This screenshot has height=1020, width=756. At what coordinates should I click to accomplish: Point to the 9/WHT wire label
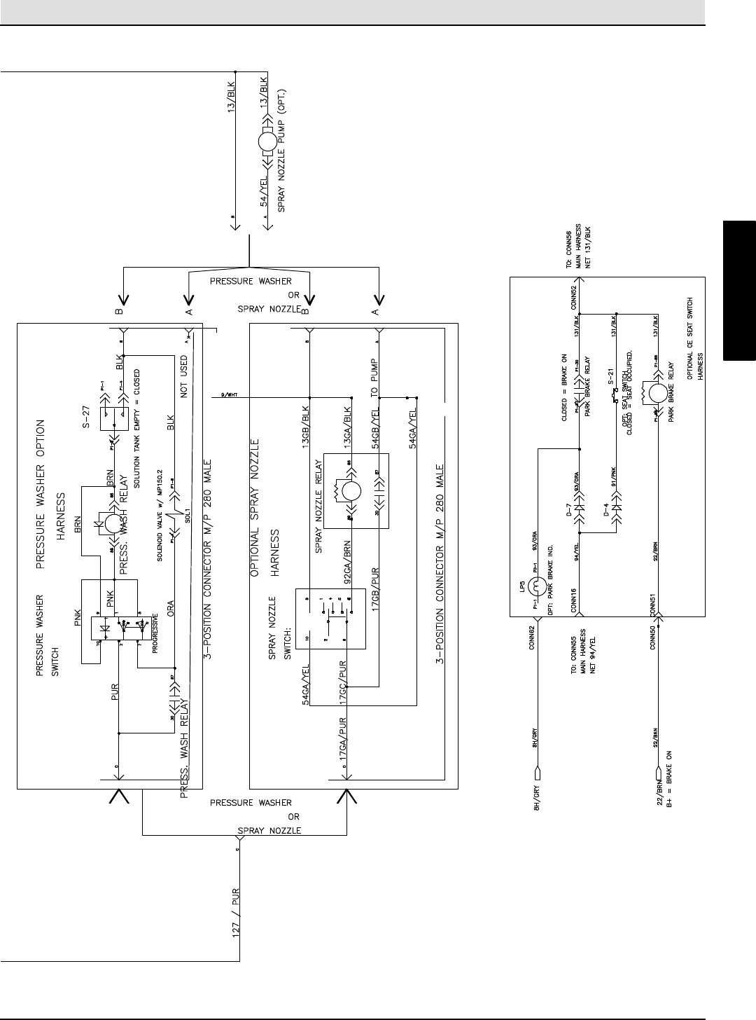(x=229, y=394)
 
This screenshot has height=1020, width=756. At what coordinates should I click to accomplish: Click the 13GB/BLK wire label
(x=305, y=420)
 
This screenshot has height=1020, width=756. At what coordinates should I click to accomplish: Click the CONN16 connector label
(x=573, y=601)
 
